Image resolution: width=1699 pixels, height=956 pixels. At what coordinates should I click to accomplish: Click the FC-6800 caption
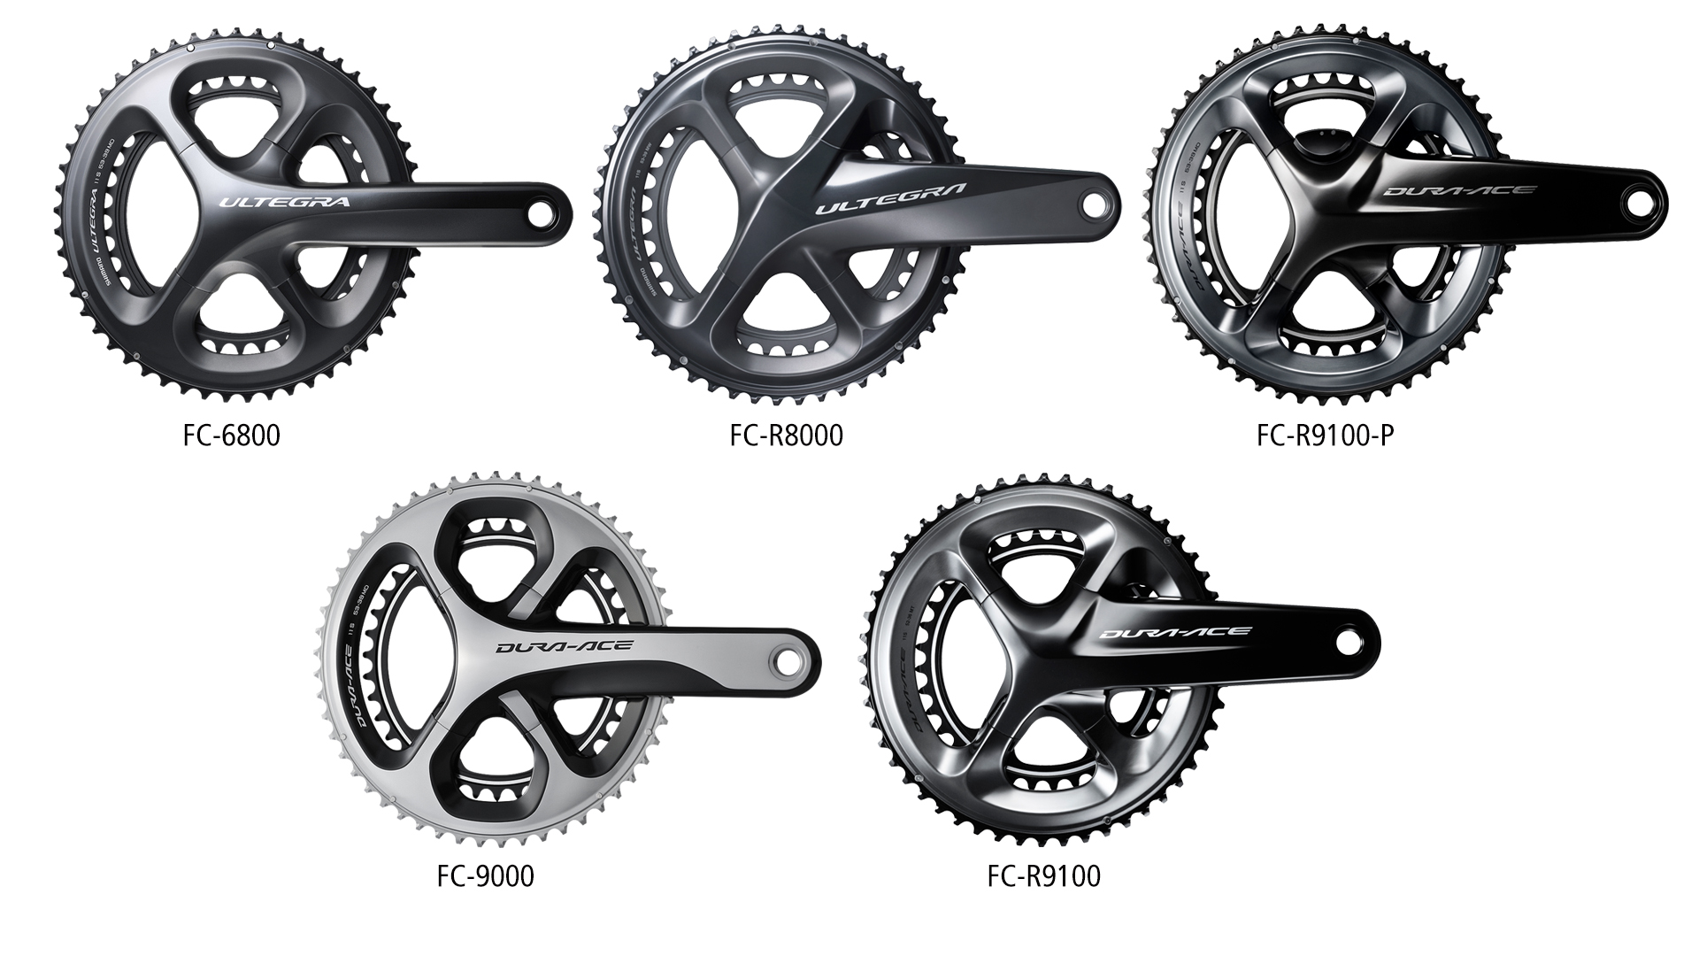[x=232, y=436]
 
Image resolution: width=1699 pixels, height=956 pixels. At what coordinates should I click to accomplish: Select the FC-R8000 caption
[x=786, y=436]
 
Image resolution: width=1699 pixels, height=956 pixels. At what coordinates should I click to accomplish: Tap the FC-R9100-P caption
[x=1318, y=436]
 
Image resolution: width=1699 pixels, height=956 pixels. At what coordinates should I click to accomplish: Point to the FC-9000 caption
[x=485, y=876]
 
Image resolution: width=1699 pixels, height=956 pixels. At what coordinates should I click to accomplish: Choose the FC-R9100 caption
[x=1044, y=876]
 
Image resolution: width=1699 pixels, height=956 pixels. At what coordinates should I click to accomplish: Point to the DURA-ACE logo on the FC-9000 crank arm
[x=564, y=646]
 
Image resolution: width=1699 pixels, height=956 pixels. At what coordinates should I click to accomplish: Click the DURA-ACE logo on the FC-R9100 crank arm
[x=1175, y=632]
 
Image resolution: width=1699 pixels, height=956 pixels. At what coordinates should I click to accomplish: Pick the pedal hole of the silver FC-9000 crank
[x=790, y=659]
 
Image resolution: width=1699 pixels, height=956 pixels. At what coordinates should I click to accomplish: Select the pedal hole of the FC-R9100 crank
[x=1349, y=641]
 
